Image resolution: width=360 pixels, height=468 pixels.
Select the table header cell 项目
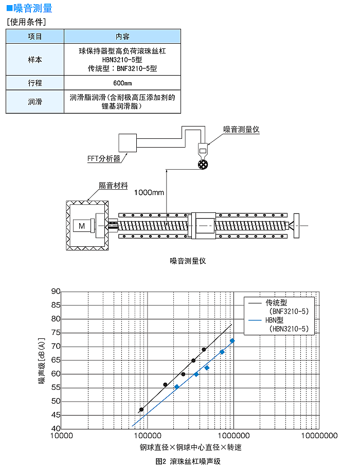click(35, 37)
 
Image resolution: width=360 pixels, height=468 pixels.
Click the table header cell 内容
click(122, 37)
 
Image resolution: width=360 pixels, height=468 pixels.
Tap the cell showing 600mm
click(122, 83)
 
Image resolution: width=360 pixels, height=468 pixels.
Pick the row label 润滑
click(35, 102)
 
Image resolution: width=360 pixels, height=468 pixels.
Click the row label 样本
click(35, 60)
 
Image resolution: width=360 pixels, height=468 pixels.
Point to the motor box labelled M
click(82, 226)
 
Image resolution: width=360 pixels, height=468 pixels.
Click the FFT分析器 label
click(103, 158)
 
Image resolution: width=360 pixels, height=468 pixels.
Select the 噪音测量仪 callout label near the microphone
click(241, 130)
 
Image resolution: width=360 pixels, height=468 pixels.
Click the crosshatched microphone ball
click(203, 165)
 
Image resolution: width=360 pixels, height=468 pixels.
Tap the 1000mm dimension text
click(149, 192)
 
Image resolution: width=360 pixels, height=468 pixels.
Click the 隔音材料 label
click(114, 185)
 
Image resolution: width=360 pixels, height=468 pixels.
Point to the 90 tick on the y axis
click(56, 291)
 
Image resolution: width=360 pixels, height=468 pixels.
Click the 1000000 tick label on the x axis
click(233, 436)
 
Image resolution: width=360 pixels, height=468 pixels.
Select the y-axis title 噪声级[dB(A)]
click(42, 361)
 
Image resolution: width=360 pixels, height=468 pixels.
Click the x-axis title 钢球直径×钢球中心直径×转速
click(190, 447)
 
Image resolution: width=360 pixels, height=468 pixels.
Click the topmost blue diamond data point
click(232, 341)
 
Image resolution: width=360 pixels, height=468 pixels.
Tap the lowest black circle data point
click(141, 409)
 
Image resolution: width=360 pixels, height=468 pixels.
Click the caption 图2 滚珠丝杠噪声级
click(188, 461)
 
